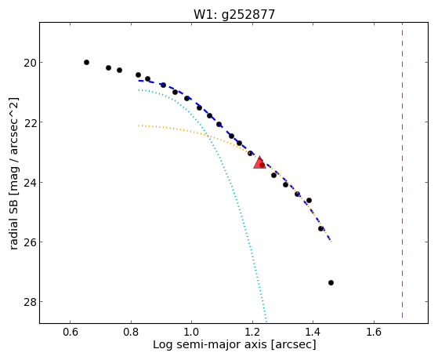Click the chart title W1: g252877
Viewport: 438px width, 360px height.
(x=234, y=15)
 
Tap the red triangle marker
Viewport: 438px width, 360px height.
(x=259, y=162)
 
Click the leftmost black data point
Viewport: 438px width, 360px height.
(x=87, y=63)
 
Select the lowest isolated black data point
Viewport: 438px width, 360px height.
(x=331, y=283)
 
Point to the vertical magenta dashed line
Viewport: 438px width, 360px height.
(x=402, y=170)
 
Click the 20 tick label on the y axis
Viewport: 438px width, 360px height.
(x=30, y=63)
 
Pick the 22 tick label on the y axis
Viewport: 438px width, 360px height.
(x=30, y=122)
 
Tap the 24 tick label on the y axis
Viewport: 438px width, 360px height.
(x=30, y=183)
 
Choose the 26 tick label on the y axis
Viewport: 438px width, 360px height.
(x=30, y=242)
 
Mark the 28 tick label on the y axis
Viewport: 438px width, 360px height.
(x=30, y=302)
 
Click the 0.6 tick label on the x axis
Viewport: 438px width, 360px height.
(x=70, y=332)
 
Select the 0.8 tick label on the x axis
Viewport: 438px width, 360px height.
(x=131, y=332)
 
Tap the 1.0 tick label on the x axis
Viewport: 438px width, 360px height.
(x=192, y=332)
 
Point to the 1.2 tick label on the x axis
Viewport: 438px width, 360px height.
(x=252, y=332)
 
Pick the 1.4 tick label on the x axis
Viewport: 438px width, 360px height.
(x=313, y=332)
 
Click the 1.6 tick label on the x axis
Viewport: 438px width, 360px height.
(x=374, y=332)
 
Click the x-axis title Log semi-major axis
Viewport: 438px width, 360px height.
(x=210, y=345)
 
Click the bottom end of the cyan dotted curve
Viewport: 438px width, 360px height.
(x=266, y=322)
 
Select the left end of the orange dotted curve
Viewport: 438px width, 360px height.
(x=139, y=125)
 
